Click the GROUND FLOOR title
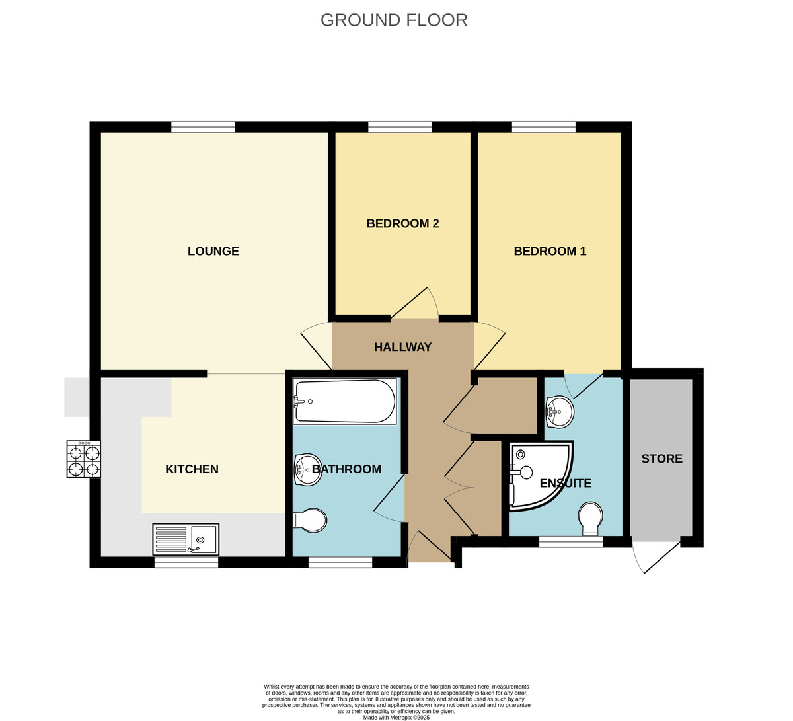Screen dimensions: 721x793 pos(394,20)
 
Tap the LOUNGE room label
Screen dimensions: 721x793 pos(213,251)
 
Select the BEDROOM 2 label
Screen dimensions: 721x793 pos(402,223)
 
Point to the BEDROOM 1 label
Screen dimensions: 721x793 pos(550,251)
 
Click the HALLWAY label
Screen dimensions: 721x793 pos(402,347)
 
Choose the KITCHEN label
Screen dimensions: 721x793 pos(192,469)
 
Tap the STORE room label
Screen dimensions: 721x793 pos(661,459)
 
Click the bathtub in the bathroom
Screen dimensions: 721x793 pos(344,401)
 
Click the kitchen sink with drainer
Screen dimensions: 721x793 pos(186,539)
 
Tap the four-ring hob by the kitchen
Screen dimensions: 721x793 pos(83,459)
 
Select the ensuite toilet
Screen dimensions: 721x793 pos(589,518)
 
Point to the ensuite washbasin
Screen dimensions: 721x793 pos(559,412)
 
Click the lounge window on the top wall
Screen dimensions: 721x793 pos(203,127)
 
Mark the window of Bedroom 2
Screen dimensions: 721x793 pos(400,127)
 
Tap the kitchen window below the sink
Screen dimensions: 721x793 pos(186,562)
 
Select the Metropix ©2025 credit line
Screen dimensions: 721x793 pos(396,717)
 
